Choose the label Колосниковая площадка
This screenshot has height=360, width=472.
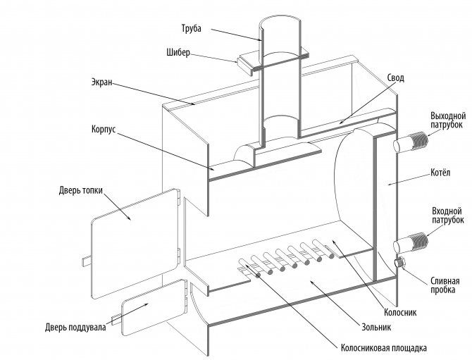384,347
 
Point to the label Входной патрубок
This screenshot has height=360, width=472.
446,215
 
